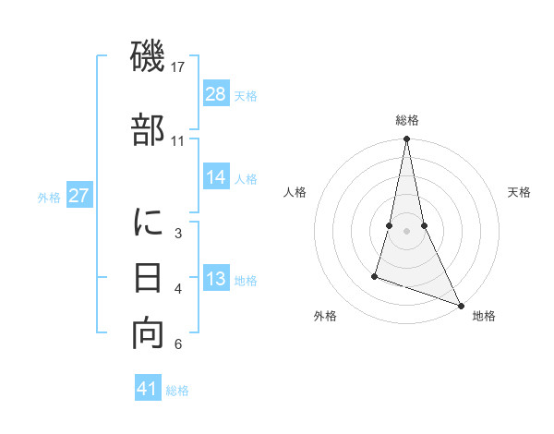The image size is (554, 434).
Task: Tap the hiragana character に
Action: click(149, 223)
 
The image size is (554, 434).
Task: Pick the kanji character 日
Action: click(149, 277)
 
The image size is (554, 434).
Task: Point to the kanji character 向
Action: click(149, 333)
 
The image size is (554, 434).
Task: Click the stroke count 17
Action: click(178, 66)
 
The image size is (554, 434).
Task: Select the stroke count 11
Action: click(178, 140)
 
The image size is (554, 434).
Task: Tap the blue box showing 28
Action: click(216, 95)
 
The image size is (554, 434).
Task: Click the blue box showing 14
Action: click(216, 178)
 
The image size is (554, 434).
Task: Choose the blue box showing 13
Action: click(216, 280)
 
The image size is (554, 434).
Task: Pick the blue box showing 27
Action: click(79, 196)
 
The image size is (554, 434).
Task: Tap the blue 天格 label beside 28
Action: click(246, 96)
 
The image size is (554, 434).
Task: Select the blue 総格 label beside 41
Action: click(177, 390)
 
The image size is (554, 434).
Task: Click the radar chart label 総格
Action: click(407, 120)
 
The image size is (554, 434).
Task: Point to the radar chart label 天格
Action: click(520, 192)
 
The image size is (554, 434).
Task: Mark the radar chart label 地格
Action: click(484, 316)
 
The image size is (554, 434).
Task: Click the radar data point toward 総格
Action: click(406, 139)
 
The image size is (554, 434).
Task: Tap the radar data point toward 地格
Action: click(460, 305)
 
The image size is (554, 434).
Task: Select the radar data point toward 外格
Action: click(376, 275)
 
